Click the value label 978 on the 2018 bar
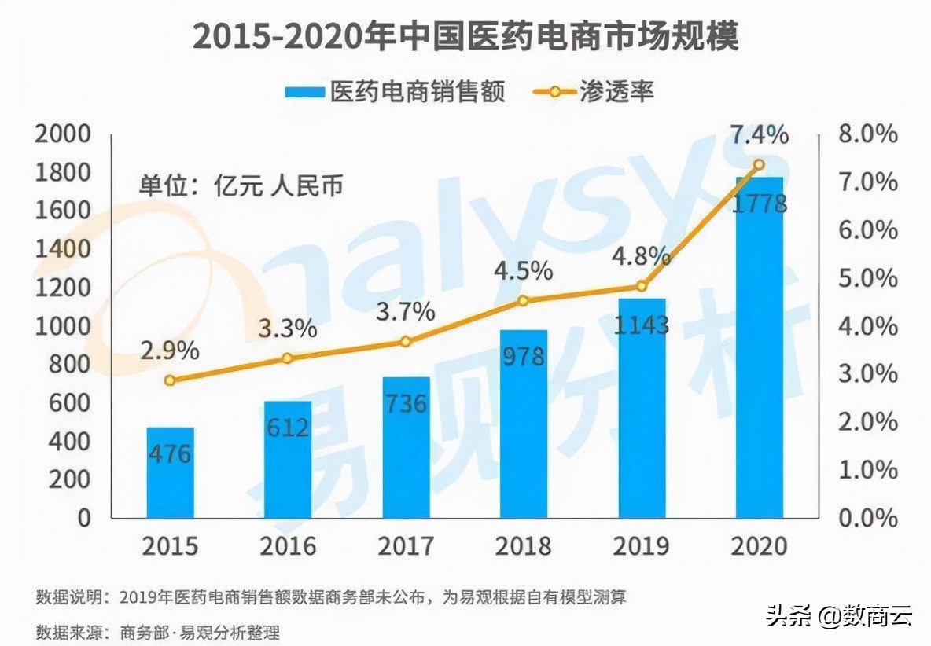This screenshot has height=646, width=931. tap(523, 356)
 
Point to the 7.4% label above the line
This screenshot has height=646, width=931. tap(759, 135)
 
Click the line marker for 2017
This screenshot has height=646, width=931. tap(406, 342)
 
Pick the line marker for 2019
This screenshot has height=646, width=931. tap(642, 286)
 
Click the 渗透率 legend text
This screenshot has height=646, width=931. tap(617, 92)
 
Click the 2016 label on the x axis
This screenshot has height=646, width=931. tap(288, 545)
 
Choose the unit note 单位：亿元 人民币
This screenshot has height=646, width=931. tap(241, 185)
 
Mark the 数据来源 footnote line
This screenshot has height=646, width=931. tap(157, 631)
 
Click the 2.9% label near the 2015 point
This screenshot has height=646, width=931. tap(170, 351)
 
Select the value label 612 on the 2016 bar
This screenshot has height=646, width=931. tap(287, 428)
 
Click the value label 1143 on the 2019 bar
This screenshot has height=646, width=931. tap(641, 324)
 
